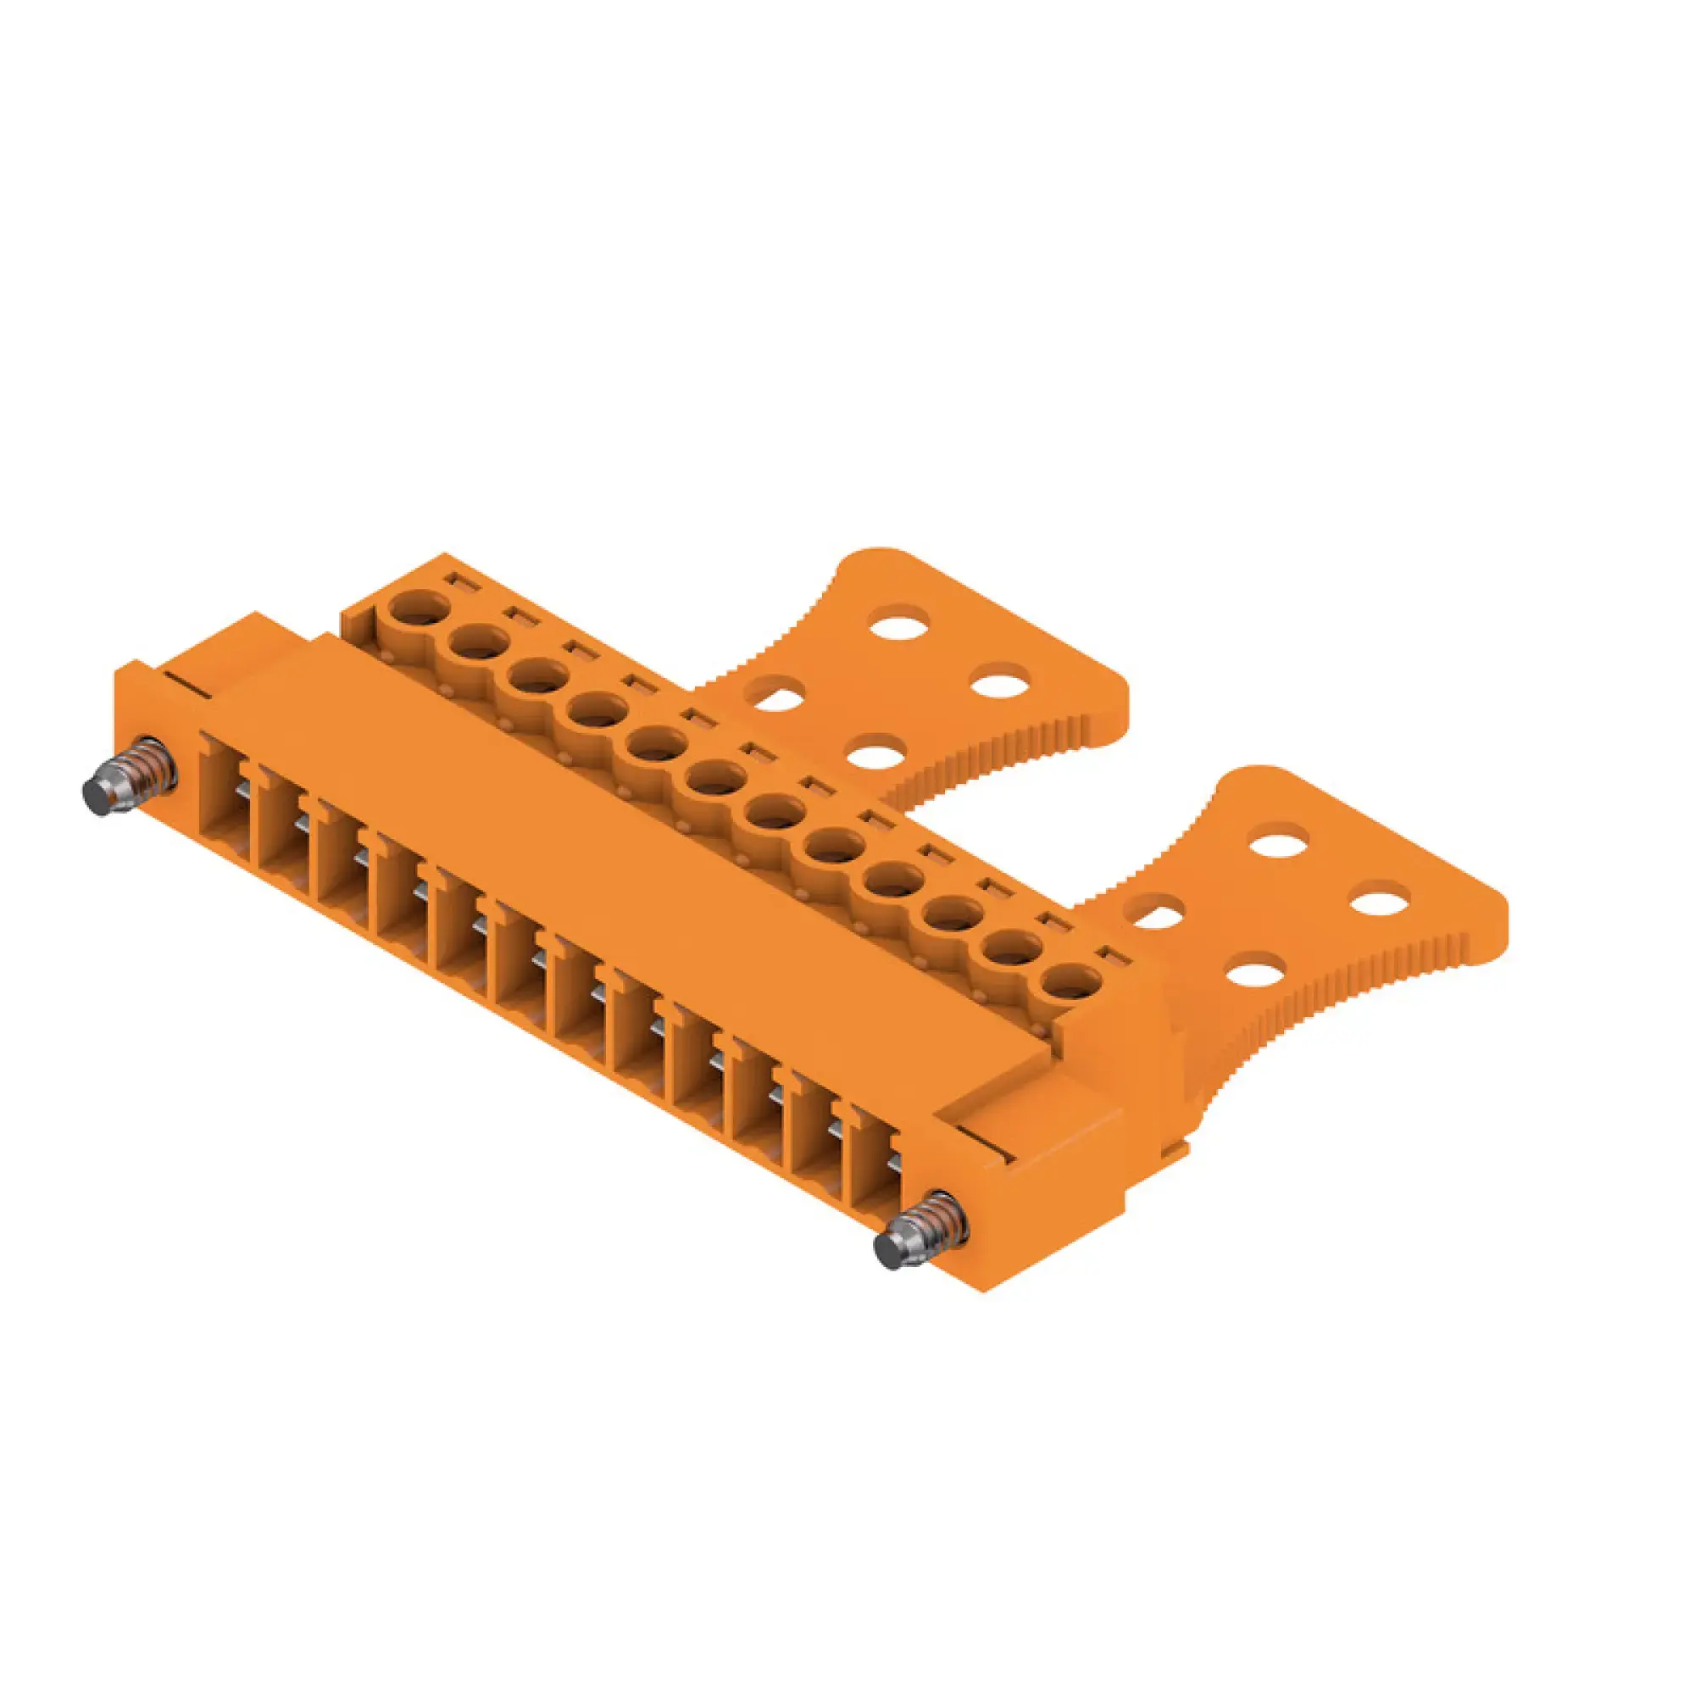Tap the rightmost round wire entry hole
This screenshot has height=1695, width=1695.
click(x=1073, y=981)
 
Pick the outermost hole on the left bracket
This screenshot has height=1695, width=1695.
click(x=1001, y=681)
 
